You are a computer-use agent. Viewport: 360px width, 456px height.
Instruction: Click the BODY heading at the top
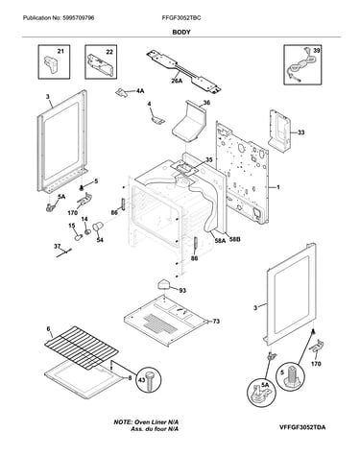click(181, 32)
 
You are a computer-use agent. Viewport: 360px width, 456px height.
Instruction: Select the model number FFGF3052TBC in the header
click(181, 18)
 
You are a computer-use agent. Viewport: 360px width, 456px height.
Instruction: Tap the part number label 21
click(60, 51)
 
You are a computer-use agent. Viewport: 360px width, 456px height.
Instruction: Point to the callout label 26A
click(177, 81)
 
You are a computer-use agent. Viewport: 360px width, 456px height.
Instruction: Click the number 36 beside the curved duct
click(206, 103)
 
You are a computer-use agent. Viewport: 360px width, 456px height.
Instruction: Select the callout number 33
click(301, 132)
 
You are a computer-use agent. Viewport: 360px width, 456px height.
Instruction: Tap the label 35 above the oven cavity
click(208, 159)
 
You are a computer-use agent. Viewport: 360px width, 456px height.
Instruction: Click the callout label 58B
click(234, 238)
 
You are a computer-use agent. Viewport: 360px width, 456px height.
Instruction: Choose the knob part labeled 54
click(97, 227)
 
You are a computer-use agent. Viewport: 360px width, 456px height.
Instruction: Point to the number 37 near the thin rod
click(57, 246)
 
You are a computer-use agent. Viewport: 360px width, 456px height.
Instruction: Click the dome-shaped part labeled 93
click(164, 284)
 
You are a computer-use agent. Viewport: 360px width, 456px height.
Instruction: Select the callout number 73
click(216, 321)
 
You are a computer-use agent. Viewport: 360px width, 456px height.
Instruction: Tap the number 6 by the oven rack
click(48, 329)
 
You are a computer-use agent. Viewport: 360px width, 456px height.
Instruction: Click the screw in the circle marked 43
click(150, 381)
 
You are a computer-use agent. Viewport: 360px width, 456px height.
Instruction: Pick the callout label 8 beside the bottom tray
click(130, 378)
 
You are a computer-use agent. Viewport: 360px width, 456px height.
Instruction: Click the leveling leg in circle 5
click(292, 375)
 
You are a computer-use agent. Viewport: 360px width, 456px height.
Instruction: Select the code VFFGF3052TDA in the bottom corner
click(302, 427)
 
